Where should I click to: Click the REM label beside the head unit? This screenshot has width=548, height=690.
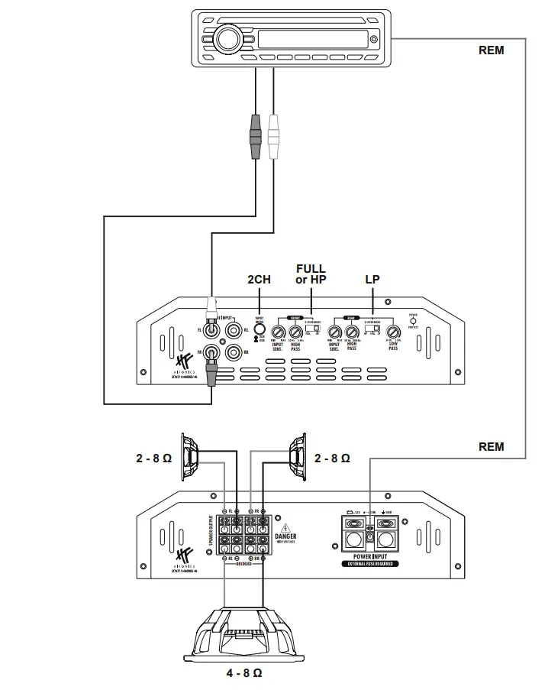pos(491,50)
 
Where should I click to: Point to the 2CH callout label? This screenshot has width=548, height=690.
pos(259,280)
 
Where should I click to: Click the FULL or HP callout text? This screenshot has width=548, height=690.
pos(311,274)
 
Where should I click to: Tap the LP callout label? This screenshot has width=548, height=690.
pos(372,280)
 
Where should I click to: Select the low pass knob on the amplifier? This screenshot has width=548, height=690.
pos(394,332)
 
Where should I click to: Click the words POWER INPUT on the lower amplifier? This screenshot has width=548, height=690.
pos(372,557)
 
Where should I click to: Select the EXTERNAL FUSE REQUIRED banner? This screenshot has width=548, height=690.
pos(372,565)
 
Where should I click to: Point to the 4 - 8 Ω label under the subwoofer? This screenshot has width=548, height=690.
pos(244,673)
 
